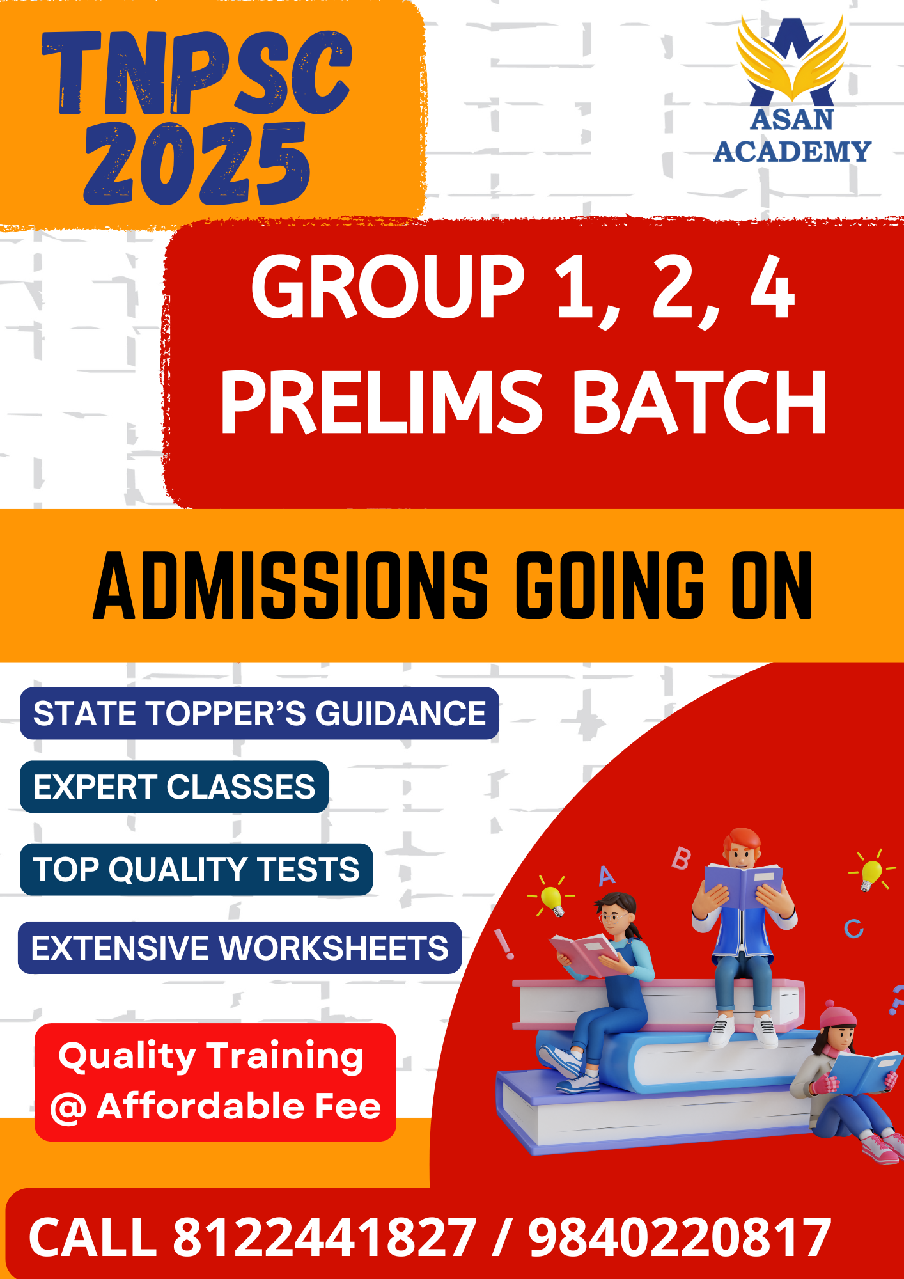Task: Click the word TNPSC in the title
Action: click(197, 72)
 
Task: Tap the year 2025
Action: click(197, 164)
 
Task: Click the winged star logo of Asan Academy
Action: click(792, 60)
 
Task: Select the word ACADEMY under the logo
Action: click(792, 152)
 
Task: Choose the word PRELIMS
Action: click(382, 403)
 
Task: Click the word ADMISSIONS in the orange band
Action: click(291, 586)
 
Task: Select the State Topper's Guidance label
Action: click(260, 714)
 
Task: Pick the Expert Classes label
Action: click(174, 787)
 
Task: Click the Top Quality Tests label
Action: click(196, 870)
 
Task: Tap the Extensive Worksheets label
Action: click(240, 948)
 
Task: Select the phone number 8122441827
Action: click(324, 1237)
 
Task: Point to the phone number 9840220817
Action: click(680, 1237)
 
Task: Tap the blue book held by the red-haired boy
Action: click(744, 884)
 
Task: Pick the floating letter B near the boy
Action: click(682, 858)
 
